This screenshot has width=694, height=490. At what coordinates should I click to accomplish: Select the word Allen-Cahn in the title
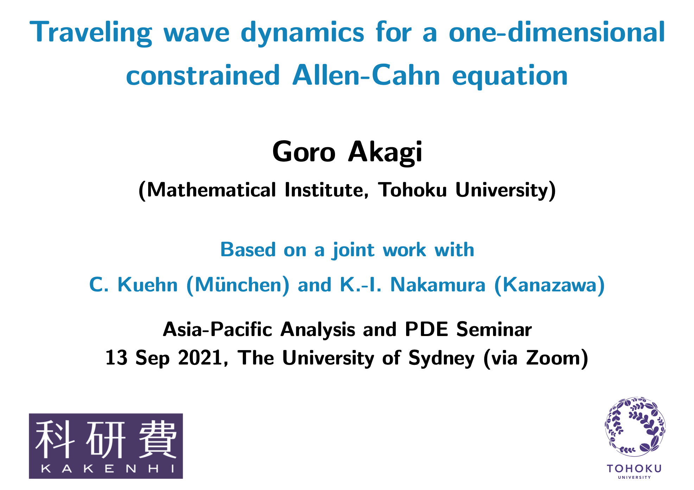366,75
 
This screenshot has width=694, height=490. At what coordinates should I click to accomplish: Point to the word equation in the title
510,77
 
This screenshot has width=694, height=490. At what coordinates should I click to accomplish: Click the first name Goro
304,152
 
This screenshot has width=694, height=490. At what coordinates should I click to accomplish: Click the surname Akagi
385,153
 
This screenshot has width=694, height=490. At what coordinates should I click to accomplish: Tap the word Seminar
494,329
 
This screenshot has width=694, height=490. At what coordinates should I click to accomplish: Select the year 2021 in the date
200,358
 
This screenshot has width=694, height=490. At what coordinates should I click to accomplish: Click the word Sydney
441,359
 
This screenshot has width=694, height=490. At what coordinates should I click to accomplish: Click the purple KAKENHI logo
106,446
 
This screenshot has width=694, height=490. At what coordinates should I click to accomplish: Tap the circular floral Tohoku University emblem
635,426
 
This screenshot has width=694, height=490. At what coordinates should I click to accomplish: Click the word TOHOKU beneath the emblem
634,469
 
